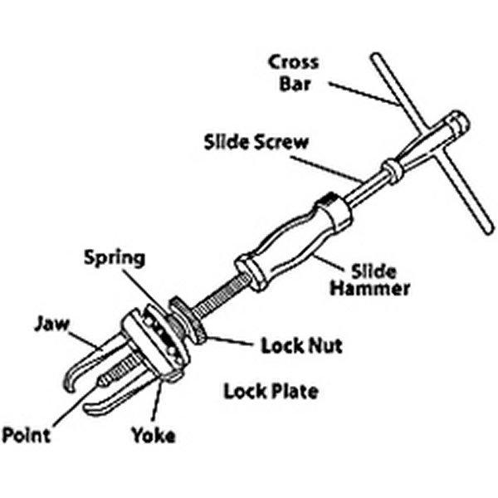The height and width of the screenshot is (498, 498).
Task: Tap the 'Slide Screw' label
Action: pyautogui.click(x=256, y=141)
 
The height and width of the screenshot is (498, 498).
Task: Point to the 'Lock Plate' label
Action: pyautogui.click(x=271, y=389)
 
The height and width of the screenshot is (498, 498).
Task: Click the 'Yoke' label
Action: pyautogui.click(x=153, y=435)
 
